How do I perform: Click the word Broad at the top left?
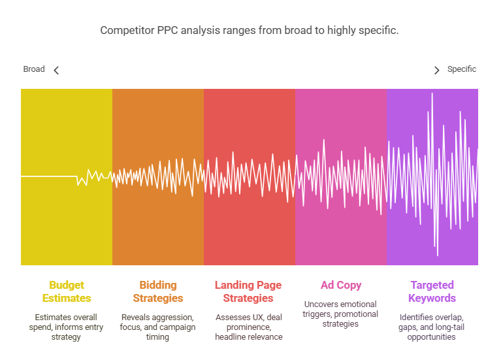[x=34, y=69]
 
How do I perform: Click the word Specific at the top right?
[x=462, y=69]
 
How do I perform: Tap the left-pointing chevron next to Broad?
[x=56, y=70]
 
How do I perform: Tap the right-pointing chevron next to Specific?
[x=436, y=70]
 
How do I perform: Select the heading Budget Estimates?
[x=67, y=291]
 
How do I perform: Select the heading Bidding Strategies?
[x=158, y=291]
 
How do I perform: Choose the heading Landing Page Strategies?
[x=248, y=291]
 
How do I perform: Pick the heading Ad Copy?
[x=341, y=285]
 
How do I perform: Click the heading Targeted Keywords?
[x=432, y=291]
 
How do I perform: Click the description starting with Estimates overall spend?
[x=67, y=327]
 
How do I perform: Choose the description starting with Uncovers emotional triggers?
[x=341, y=314]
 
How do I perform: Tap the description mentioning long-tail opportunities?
[x=432, y=327]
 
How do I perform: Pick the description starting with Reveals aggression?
[x=158, y=327]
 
